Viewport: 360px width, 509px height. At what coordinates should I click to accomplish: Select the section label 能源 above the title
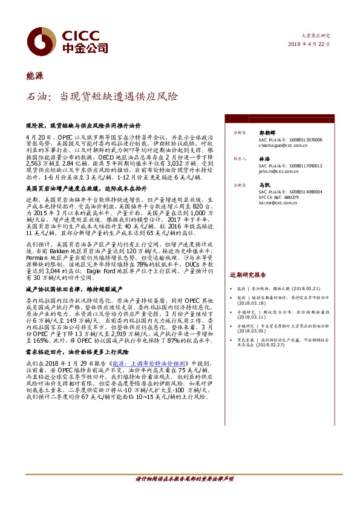[34, 76]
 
